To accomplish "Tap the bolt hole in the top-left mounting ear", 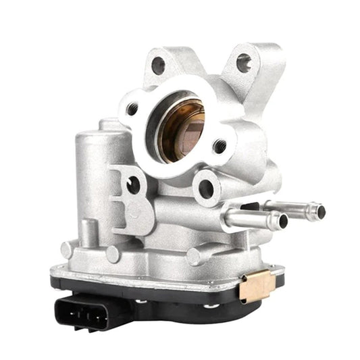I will click(159, 66).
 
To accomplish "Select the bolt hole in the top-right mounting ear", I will click(244, 64).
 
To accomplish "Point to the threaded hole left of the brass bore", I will click(133, 108).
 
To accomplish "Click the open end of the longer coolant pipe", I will click(320, 211).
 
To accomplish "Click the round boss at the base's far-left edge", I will click(66, 249).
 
